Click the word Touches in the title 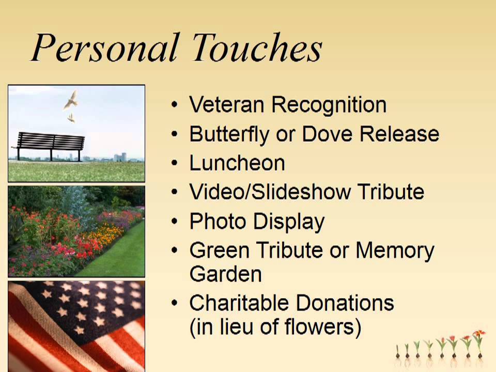coord(257,49)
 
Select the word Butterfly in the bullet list coord(229,134)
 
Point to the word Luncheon coord(237,163)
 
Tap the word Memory coord(395,251)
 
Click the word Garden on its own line coord(225,273)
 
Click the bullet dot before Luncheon coord(176,164)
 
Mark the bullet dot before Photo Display coord(176,222)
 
